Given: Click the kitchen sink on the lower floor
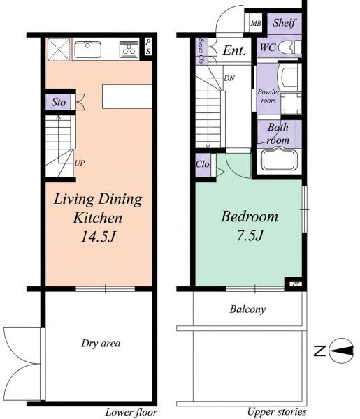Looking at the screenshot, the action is coord(87,50).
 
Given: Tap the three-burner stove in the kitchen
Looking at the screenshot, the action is coord(129,50).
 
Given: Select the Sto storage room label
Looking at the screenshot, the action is coord(59,102).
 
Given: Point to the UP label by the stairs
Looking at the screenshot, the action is coord(80,163).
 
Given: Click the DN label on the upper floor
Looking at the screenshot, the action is coord(229,78).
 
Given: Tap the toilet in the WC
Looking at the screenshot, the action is coord(289,47).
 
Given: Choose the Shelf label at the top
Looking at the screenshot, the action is coord(285,23).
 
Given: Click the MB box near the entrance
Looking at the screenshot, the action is coord(256,24).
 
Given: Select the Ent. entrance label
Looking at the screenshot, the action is coord(234,50).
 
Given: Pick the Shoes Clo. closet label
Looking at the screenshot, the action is coord(201,51).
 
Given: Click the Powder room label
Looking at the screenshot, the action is coord(268,96).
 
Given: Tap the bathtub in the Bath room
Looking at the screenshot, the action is coord(279,160).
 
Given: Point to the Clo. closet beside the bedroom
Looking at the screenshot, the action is coord(203,164).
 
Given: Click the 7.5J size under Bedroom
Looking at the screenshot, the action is coord(250,235).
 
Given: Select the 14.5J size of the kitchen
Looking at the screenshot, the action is coord(98,237).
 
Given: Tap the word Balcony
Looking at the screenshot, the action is coord(247,309).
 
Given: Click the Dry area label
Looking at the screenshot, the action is coord(101,344).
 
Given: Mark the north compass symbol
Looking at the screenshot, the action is coord(341,351).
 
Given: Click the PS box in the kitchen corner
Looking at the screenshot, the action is coord(148,47).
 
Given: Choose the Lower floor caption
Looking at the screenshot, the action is coord(131,412).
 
